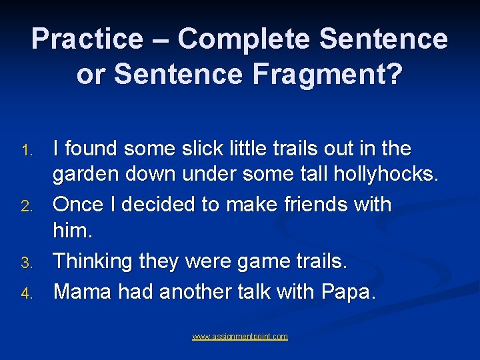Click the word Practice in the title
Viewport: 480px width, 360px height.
click(86, 39)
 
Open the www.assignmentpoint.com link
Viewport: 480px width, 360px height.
click(240, 337)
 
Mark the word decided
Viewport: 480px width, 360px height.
click(173, 204)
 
